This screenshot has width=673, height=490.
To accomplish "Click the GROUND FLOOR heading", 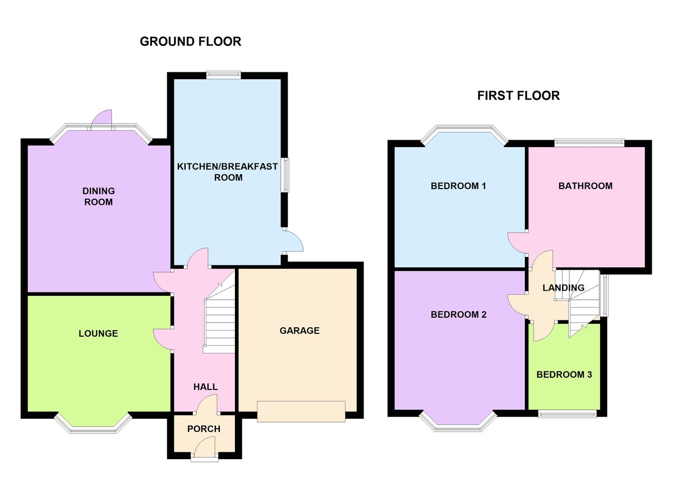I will click(190, 42).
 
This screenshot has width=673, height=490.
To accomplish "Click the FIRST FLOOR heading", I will click(518, 95).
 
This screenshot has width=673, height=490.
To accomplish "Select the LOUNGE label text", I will click(98, 333).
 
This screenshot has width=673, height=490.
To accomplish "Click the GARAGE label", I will click(299, 331).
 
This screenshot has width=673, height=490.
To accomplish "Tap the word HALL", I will click(205, 387).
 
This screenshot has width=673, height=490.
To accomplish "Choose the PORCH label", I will click(204, 429).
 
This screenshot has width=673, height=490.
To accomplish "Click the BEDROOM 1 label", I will click(458, 186).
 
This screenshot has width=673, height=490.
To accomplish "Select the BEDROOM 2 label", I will click(458, 315).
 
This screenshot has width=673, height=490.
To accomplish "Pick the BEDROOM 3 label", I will click(564, 375).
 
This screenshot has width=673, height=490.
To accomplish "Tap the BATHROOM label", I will click(585, 186).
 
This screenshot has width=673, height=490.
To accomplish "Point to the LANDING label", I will click(563, 288).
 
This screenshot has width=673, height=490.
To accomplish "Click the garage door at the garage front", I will click(301, 411).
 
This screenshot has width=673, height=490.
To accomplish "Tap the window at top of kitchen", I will click(223, 74).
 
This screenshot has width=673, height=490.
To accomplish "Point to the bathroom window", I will click(589, 143).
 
